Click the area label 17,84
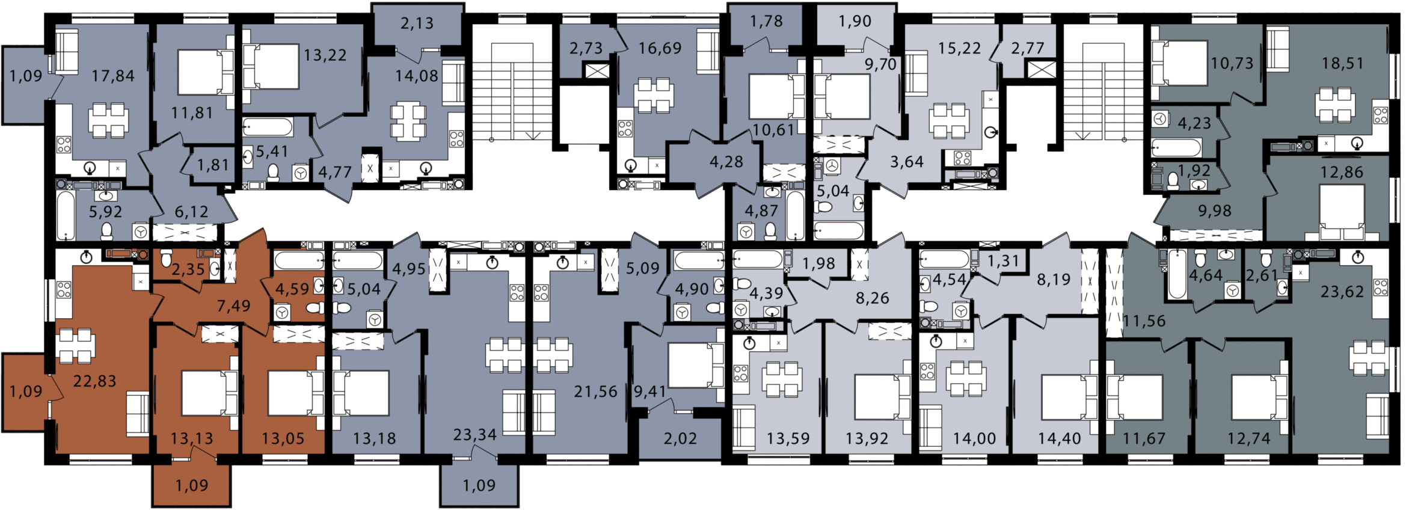[x=113, y=76]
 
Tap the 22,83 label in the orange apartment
[x=94, y=381]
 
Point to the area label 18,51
[x=1342, y=63]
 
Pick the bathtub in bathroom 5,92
[x=66, y=216]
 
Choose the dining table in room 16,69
[x=654, y=95]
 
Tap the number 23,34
[x=474, y=434]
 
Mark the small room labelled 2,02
[x=680, y=438]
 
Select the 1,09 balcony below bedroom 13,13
[x=192, y=485]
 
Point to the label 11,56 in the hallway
[x=1144, y=321]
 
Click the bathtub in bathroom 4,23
[x=1176, y=147]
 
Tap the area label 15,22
[x=959, y=48]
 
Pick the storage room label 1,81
[x=213, y=165]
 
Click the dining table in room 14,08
[x=408, y=122]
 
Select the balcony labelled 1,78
[x=766, y=24]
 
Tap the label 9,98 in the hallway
[x=1215, y=211]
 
